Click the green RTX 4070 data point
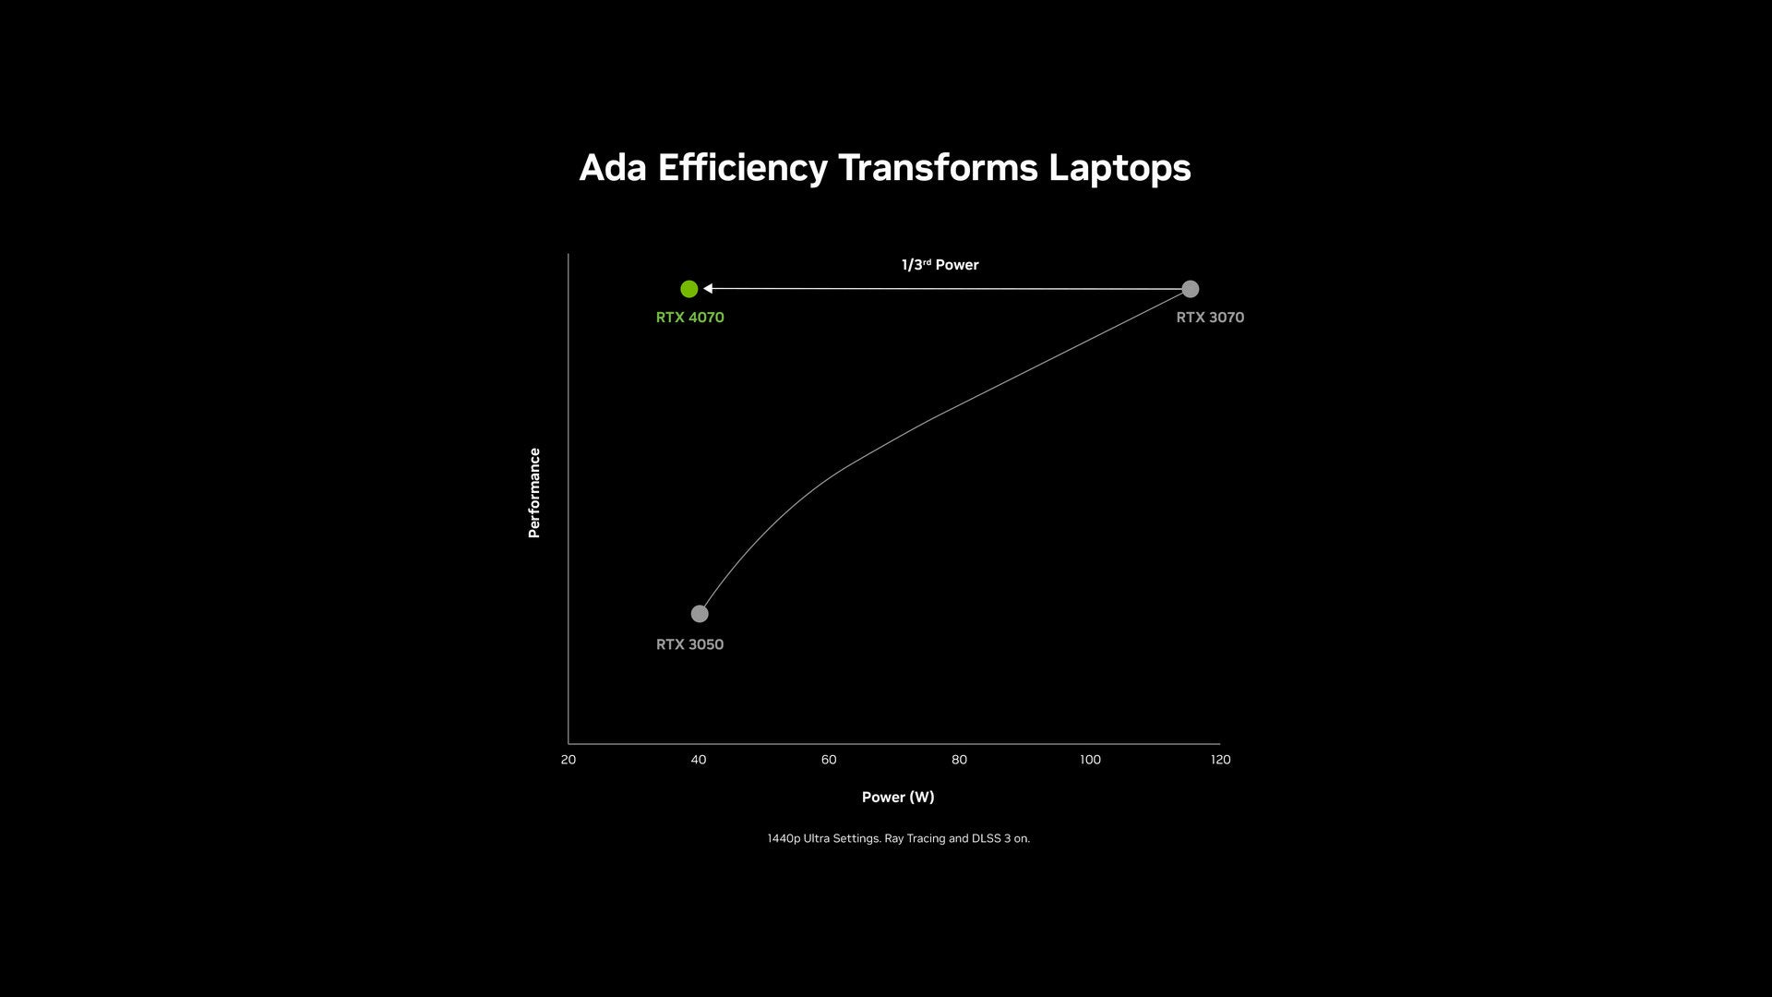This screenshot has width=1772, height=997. point(688,289)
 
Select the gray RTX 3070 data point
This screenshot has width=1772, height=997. point(1191,289)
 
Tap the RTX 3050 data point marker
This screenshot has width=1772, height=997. point(700,614)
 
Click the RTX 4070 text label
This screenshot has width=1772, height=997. point(690,318)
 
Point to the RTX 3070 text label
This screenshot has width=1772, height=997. point(1210,318)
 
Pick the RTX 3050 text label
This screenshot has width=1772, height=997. point(690,644)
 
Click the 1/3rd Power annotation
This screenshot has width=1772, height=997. point(940,265)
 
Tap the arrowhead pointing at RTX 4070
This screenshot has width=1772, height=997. point(708,289)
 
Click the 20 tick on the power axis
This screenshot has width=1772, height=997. point(569,760)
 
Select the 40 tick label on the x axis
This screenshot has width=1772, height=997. point(699,760)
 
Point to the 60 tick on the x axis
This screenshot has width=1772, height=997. point(829,760)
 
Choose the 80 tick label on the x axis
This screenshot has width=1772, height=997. point(960,760)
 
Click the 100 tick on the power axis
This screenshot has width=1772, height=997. point(1090,760)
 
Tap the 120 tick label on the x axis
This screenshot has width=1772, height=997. point(1221,760)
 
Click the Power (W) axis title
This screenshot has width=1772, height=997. point(898,797)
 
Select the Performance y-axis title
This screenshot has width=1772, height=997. point(533,493)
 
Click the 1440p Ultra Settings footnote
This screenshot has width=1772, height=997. point(899,838)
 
